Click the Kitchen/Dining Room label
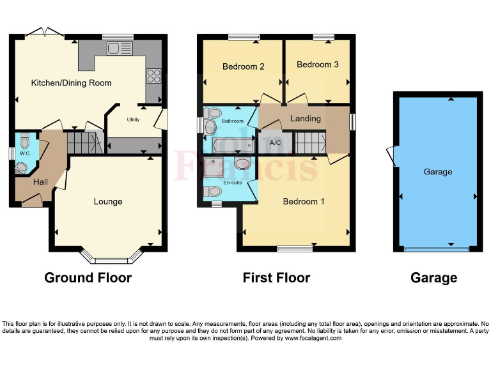(72, 82)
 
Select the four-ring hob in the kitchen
(153, 75)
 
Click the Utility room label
(133, 119)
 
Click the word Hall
(40, 182)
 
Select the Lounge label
(108, 201)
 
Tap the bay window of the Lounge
(112, 259)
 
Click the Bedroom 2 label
(244, 66)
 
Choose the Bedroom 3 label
(318, 65)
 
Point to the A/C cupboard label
(276, 142)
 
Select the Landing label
(306, 119)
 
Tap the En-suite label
(232, 182)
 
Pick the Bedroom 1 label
(304, 201)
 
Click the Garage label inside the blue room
(438, 171)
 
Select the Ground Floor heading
(88, 278)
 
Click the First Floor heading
(276, 278)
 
